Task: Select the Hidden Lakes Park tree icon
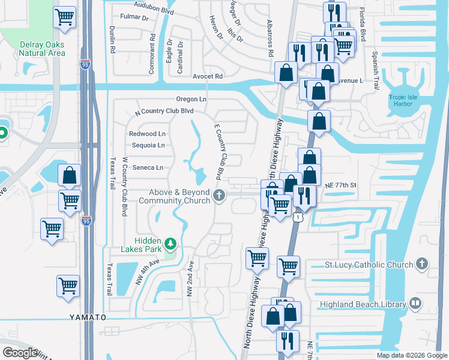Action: point(171,244)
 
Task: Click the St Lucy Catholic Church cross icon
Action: point(423,264)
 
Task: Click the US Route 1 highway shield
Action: point(297,217)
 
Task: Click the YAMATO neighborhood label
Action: point(88,317)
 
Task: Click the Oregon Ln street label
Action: point(191,99)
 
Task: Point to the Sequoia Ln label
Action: point(148,145)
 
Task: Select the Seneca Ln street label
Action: point(148,167)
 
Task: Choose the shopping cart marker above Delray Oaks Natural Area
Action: point(65,18)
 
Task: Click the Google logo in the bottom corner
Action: point(20,353)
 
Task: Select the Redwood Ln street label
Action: point(147,134)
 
